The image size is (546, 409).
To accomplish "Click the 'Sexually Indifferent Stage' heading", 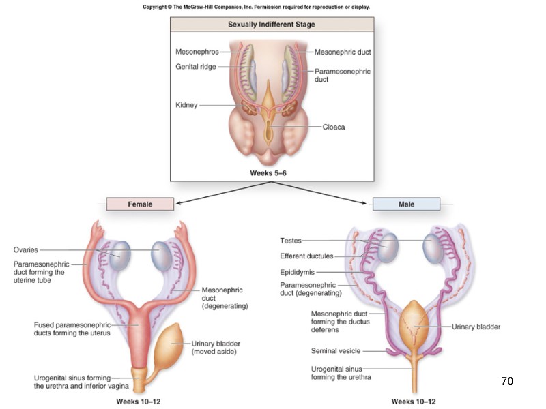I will point(271,25).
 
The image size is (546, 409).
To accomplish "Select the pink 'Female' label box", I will point(140,204).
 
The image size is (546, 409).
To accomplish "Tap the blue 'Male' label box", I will point(406,204).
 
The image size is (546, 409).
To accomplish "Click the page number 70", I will point(506,381).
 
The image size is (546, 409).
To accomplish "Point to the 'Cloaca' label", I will point(334,127).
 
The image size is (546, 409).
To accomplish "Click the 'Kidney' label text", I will point(186,105).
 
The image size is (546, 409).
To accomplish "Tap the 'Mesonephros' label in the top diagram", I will point(197,52).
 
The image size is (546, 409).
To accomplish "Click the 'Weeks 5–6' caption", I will point(271,172).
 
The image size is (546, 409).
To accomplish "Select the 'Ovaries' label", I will point(27,250).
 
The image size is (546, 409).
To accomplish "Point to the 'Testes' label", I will point(290,241).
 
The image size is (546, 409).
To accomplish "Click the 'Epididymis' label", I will point(296,272).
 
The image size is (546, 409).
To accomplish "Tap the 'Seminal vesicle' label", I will point(334,351).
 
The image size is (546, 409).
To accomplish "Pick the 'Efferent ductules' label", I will point(306,256).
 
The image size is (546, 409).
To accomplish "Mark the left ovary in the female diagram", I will point(120,254).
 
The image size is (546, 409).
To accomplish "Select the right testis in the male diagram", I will point(436,249).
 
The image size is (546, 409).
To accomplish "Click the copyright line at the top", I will point(257,7).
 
